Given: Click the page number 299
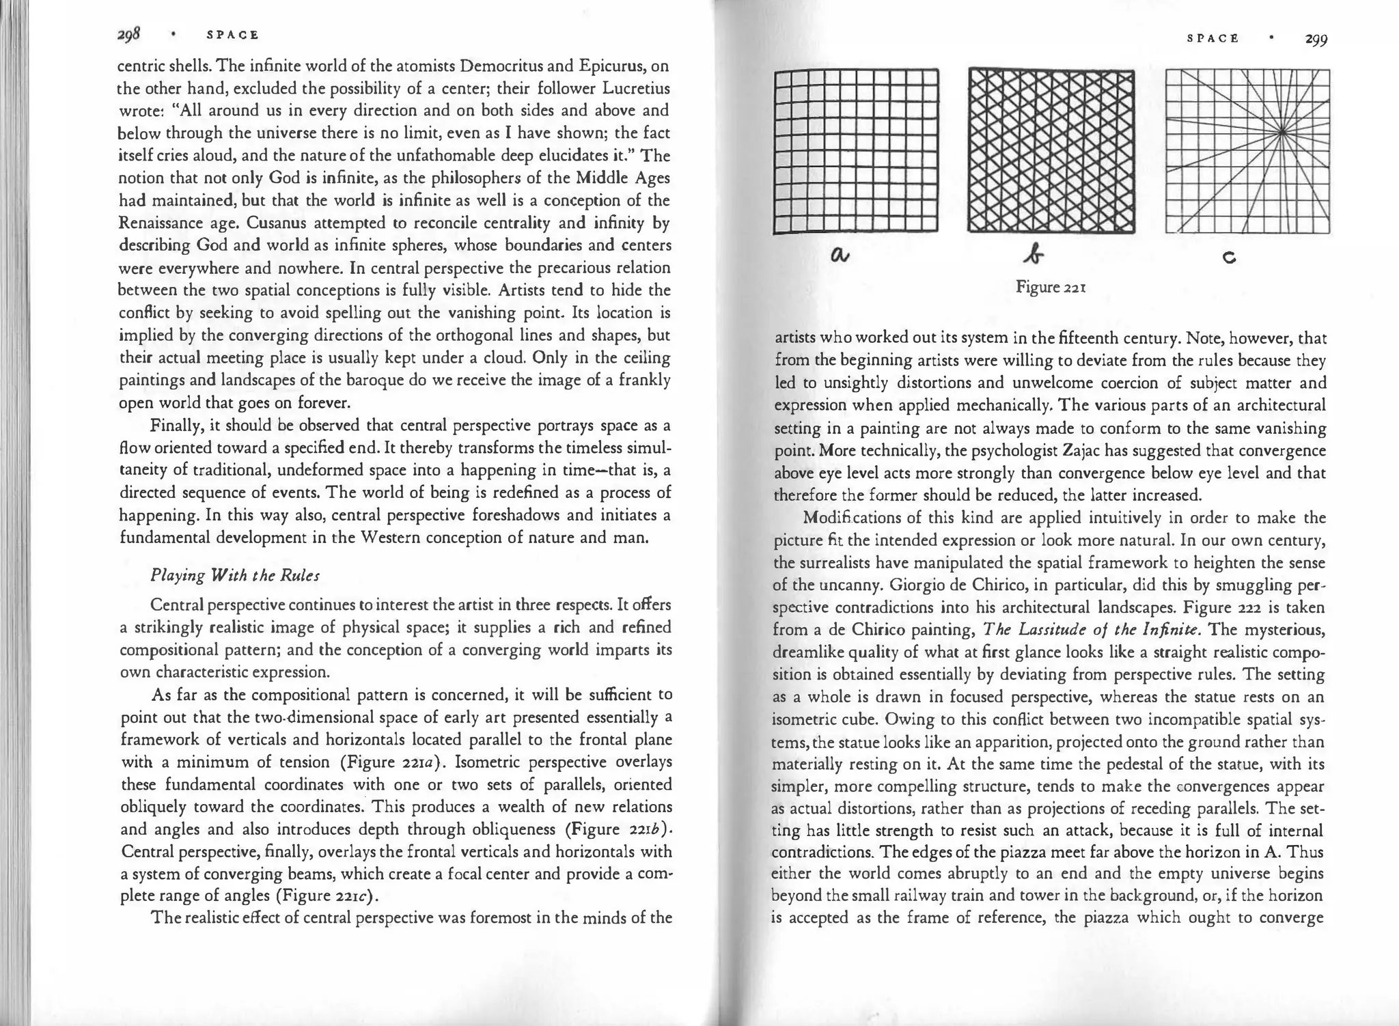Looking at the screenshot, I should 1316,40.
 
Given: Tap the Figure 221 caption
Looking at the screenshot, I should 1051,287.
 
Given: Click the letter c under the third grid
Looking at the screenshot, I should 1230,258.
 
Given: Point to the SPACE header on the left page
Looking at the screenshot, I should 233,35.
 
